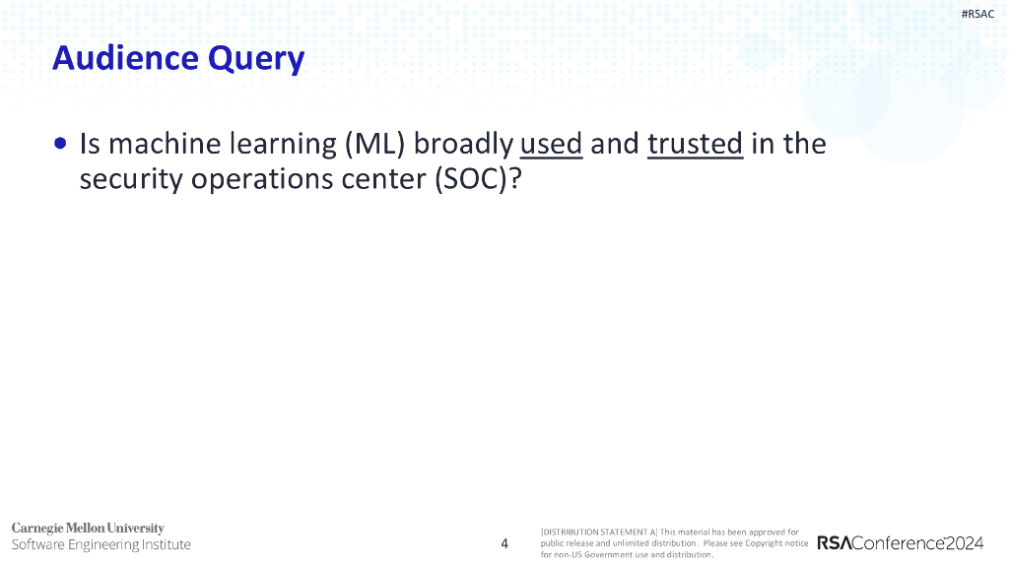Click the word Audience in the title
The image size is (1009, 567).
click(125, 58)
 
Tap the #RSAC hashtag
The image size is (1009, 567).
click(977, 14)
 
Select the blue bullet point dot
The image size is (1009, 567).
click(60, 143)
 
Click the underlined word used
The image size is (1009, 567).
click(551, 144)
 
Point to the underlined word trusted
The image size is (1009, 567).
click(695, 144)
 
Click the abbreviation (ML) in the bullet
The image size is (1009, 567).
click(375, 144)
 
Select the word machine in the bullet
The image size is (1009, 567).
click(165, 144)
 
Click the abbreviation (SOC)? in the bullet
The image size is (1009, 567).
click(478, 179)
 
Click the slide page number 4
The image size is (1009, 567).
click(504, 543)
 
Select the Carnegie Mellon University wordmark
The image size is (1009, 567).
click(88, 529)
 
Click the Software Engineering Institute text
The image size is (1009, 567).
click(101, 544)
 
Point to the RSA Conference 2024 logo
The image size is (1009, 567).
click(901, 543)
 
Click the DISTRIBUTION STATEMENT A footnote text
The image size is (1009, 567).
click(674, 543)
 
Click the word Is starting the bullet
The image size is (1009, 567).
click(90, 144)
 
